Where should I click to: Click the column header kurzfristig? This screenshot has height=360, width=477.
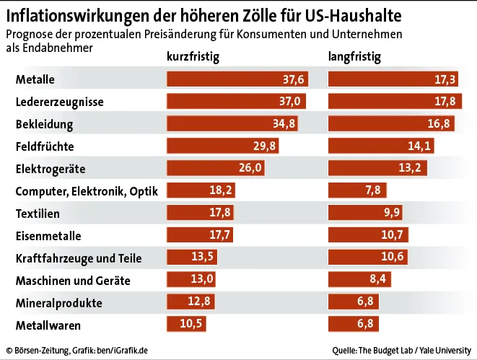[x=193, y=56]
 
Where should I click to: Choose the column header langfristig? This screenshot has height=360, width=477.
[x=354, y=56]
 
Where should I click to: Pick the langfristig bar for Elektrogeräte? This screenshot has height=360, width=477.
[x=377, y=169]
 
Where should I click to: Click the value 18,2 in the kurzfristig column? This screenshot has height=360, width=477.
[x=222, y=191]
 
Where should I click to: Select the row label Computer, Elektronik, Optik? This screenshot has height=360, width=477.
[x=86, y=191]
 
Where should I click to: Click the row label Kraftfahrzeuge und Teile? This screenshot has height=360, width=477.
[x=79, y=258]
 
